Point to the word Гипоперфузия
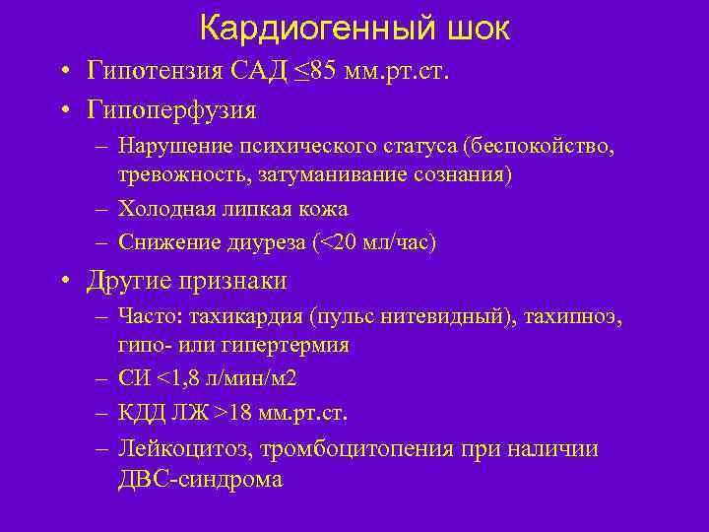[x=172, y=107]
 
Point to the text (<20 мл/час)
[x=373, y=241]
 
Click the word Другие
[x=132, y=281]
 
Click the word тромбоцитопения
[x=349, y=449]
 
